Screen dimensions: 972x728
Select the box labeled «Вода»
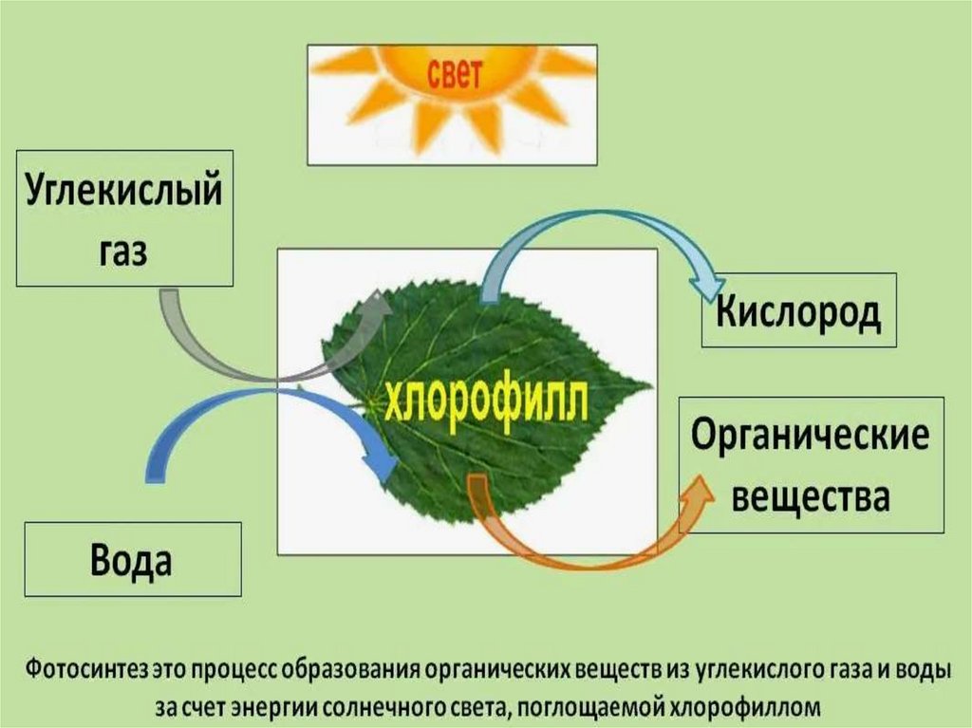coord(132,559)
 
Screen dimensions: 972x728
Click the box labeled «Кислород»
coord(798,311)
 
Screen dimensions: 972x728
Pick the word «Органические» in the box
coord(810,437)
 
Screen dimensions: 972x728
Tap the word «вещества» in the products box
coord(810,495)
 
